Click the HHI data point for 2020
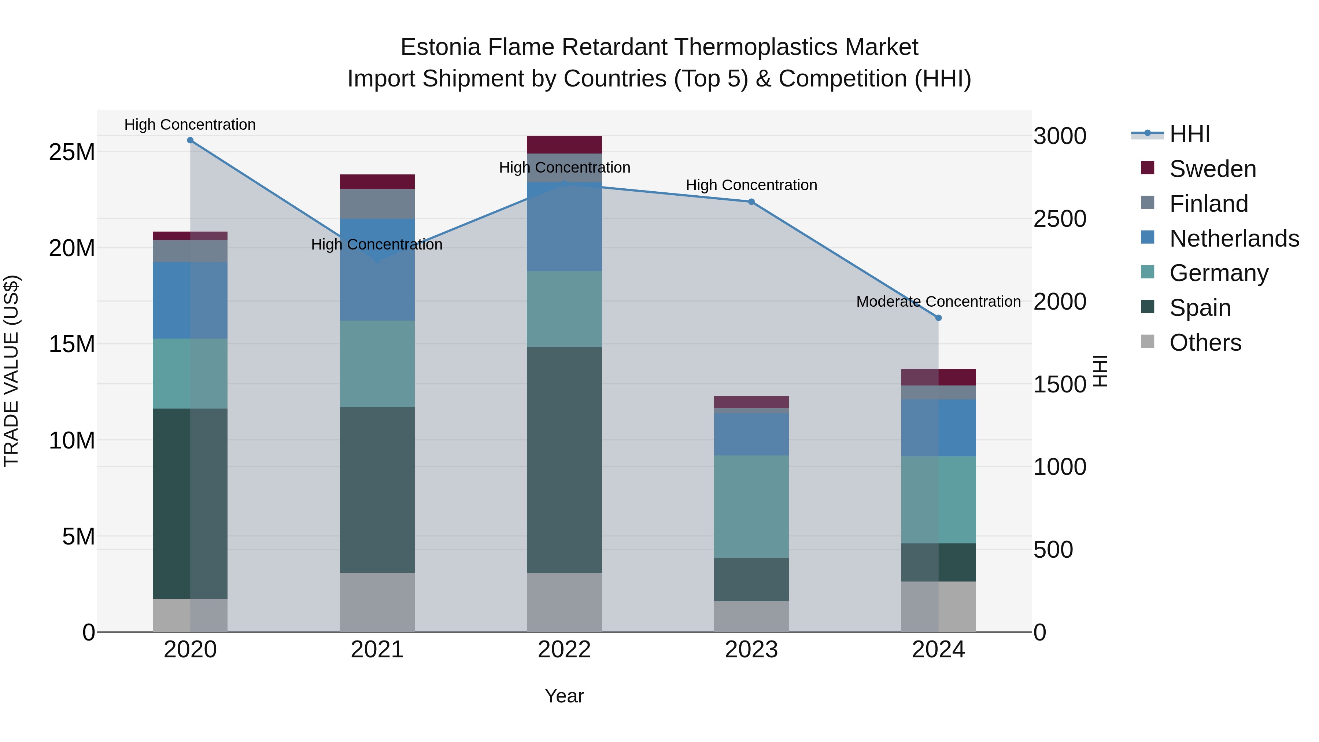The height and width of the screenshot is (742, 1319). (190, 140)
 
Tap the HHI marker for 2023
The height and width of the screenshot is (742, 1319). (751, 202)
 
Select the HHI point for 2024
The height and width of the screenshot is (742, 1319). (938, 318)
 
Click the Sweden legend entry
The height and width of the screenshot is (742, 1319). (1212, 169)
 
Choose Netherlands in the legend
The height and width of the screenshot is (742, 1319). (1234, 239)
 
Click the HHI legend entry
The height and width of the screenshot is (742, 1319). (1189, 134)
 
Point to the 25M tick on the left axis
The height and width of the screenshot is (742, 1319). (72, 152)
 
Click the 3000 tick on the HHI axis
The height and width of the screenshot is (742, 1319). (1059, 136)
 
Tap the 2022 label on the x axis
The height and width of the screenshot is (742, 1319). (564, 650)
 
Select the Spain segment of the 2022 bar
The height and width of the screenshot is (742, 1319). (564, 459)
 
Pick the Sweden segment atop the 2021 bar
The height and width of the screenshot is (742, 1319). (377, 182)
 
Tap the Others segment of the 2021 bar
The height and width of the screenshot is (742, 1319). (377, 602)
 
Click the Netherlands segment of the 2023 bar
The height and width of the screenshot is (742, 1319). (751, 434)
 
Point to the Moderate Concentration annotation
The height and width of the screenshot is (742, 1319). (938, 302)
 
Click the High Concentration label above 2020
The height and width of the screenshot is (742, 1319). (190, 125)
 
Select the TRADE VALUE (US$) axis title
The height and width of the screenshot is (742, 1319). (11, 371)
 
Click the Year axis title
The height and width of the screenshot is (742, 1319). (564, 696)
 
